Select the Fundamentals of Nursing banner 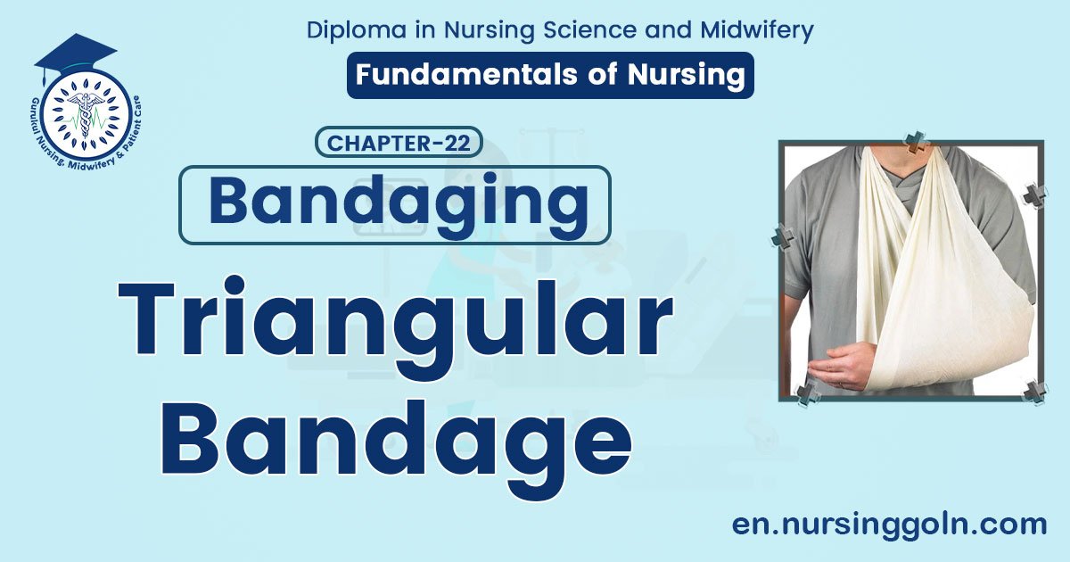(x=550, y=75)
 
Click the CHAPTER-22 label (x=399, y=143)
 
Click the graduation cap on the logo (x=75, y=54)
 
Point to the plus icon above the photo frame (x=915, y=140)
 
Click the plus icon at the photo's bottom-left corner (x=808, y=393)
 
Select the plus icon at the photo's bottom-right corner (x=1035, y=392)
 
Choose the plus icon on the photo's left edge (x=782, y=237)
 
